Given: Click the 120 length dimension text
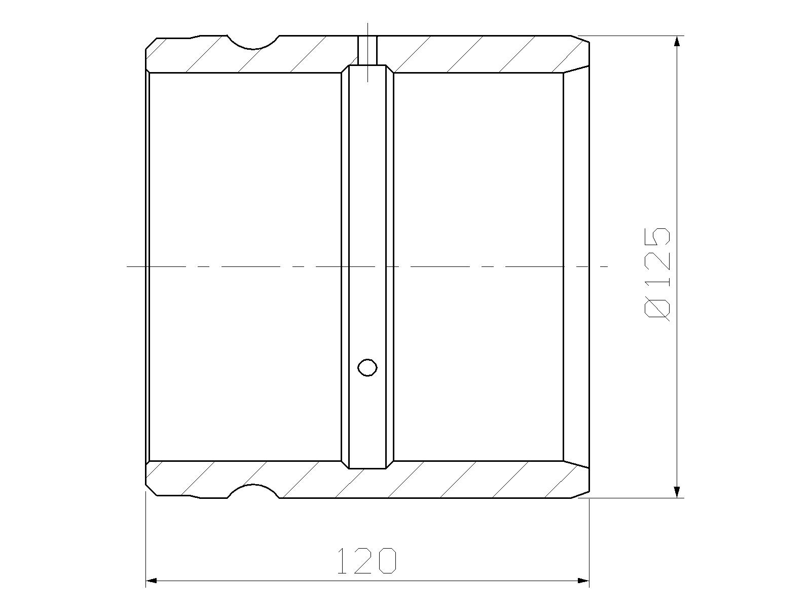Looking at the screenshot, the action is [x=367, y=561].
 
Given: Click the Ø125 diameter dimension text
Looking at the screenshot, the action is [x=657, y=274].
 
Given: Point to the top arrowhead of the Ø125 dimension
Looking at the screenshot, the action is [x=677, y=42].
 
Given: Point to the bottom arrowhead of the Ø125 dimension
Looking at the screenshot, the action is [x=677, y=492].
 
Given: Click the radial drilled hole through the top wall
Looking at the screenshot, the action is [x=367, y=50].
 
